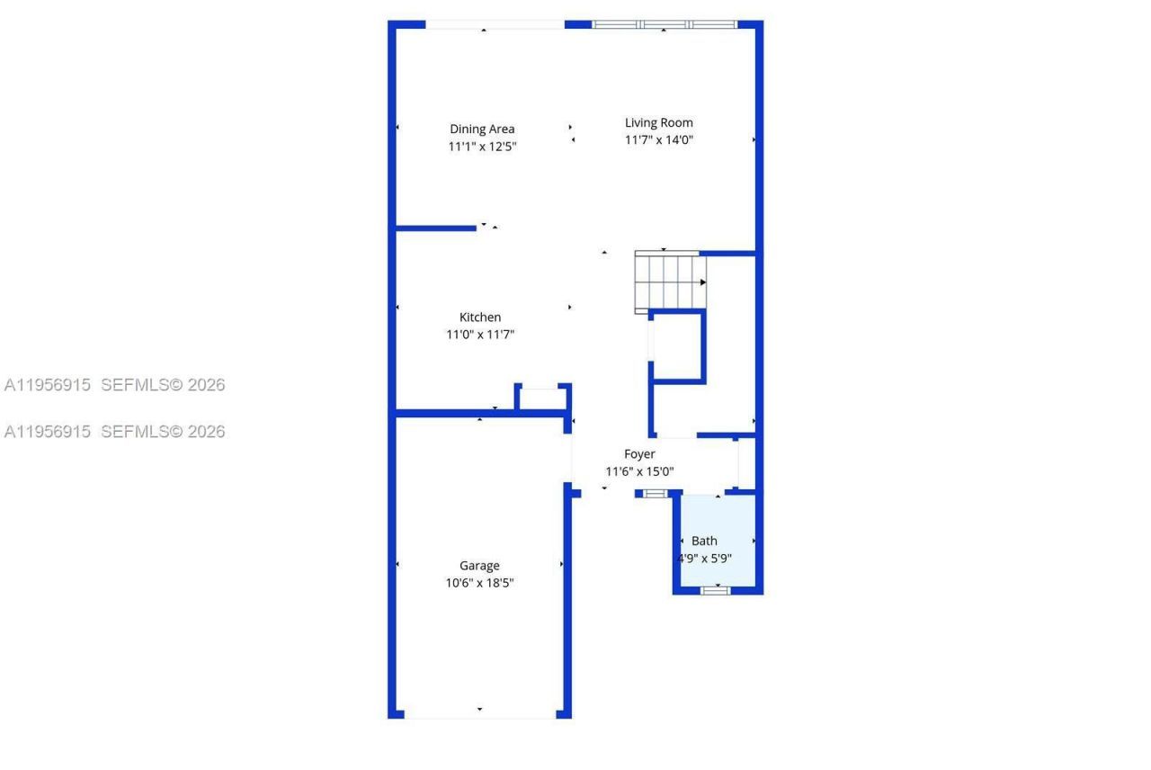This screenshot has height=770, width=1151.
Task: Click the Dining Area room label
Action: tap(482, 129)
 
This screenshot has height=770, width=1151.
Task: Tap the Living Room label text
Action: tap(659, 122)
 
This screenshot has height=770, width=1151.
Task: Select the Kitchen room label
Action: tap(480, 317)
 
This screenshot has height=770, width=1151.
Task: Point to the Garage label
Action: tap(479, 565)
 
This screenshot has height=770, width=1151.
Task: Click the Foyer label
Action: tap(639, 454)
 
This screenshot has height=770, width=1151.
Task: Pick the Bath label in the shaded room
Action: tap(704, 541)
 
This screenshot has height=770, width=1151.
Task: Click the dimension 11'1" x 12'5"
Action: tap(482, 147)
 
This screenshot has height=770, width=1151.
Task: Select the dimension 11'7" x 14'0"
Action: tap(659, 139)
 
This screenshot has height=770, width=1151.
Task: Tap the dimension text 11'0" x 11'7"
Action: tap(480, 335)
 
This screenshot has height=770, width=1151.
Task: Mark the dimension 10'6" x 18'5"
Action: tap(479, 583)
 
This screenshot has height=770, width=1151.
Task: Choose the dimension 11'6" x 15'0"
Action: tap(639, 471)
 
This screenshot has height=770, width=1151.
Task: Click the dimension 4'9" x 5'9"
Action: tap(704, 558)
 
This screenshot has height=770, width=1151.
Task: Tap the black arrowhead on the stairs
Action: tap(703, 282)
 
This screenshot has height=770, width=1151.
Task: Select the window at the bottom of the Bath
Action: tap(717, 590)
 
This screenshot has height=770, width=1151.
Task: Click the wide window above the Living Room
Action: tap(665, 24)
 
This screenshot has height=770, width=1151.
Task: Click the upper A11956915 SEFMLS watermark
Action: tap(114, 385)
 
